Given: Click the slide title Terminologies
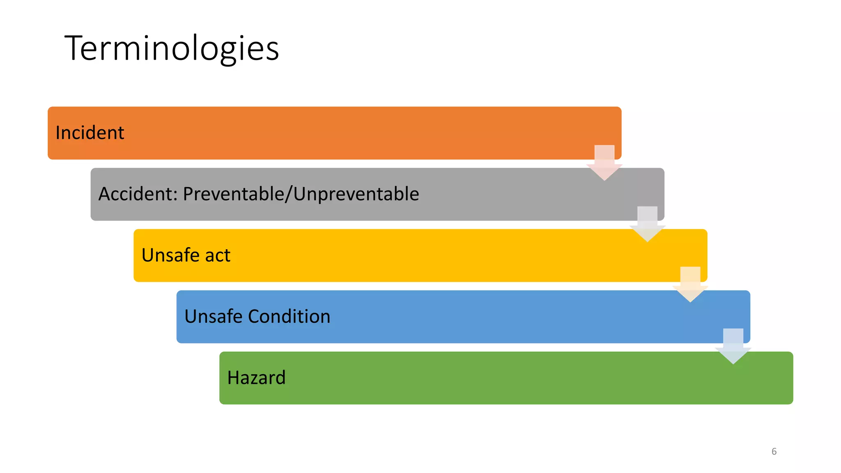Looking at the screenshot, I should (x=172, y=48).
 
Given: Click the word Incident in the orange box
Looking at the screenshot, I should (x=90, y=133).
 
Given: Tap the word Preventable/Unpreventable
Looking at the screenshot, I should (x=301, y=194).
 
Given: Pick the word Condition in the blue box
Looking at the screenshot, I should (x=289, y=316).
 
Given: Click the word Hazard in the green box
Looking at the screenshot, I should (x=256, y=378).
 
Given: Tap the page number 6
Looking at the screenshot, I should (x=774, y=452).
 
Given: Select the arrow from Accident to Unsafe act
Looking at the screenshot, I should (x=647, y=224).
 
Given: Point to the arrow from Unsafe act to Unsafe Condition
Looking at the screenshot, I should (x=690, y=285).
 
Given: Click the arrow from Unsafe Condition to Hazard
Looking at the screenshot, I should (x=733, y=346).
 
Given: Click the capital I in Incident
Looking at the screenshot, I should (x=58, y=133).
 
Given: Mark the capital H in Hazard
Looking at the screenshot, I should (x=233, y=378).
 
